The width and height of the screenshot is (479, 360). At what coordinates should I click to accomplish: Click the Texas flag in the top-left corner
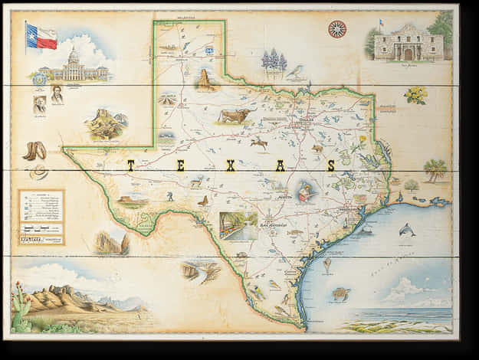pos(41,35)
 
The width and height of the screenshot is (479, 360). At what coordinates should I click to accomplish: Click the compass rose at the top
pos(336,29)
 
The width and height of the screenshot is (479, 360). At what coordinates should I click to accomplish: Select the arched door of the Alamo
pos(408,54)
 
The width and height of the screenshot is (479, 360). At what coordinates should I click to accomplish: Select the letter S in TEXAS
pos(331,165)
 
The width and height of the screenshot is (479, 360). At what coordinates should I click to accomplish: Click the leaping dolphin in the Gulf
pos(408,229)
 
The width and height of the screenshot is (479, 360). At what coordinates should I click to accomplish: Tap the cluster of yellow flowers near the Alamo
pos(416,94)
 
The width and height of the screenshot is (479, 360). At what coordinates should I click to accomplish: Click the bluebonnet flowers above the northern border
pos(274,61)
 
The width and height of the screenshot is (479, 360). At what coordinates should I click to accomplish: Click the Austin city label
pos(284,196)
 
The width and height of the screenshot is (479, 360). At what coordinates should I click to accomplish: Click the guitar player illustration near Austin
pos(307,191)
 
